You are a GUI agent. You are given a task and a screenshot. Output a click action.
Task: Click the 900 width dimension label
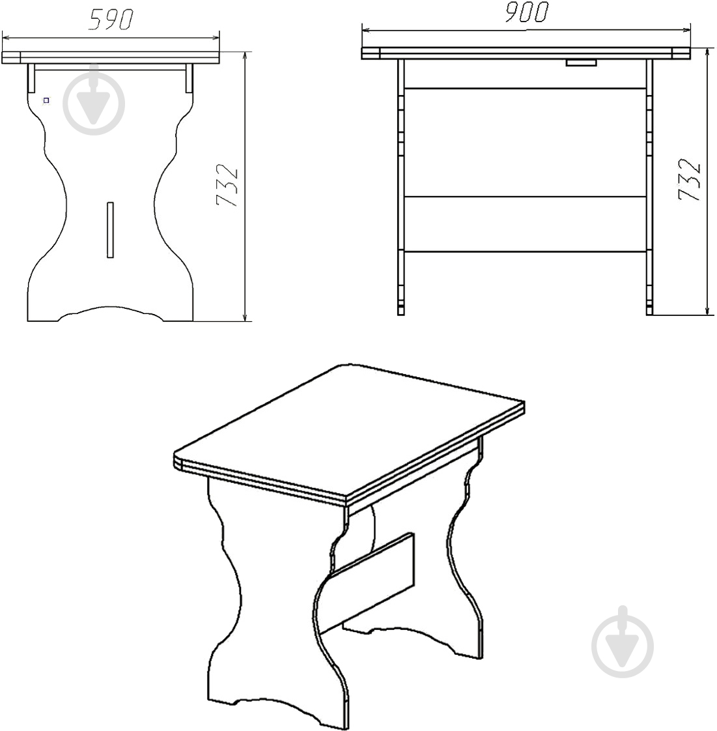coord(526,12)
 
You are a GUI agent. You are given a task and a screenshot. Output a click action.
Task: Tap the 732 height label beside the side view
coord(227,185)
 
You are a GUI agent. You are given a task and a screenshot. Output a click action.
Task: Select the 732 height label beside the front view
coord(690,179)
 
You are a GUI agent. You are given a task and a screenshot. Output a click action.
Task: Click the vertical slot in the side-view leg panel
coord(111,229)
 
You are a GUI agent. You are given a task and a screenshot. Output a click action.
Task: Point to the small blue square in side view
coord(46,100)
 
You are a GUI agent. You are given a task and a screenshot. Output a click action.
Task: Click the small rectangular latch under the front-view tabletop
coord(582,63)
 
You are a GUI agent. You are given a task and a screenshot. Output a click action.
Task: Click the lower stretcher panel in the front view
coord(525,224)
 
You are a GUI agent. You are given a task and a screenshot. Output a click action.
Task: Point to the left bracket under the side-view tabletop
coord(31,78)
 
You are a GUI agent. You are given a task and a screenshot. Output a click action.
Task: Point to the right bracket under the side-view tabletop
coord(189,78)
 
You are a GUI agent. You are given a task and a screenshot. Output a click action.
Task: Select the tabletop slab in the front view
coord(526,53)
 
